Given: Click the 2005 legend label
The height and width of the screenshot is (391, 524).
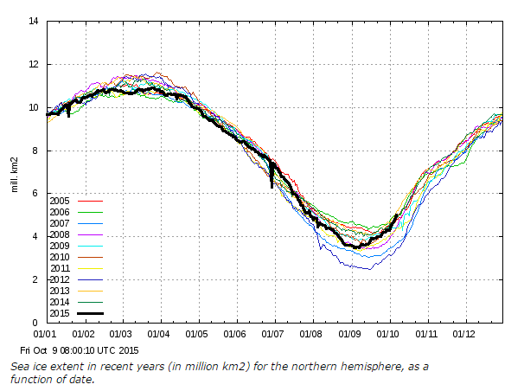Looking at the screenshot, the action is (x=60, y=201).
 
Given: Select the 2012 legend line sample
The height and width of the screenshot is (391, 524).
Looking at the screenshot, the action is (x=90, y=279).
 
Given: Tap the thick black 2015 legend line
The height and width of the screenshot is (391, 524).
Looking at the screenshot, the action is (x=90, y=313).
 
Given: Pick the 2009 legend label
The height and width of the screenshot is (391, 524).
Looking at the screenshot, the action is (x=60, y=246).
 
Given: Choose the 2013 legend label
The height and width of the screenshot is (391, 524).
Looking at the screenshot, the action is (x=60, y=291).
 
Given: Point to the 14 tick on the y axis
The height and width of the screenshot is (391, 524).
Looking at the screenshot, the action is (x=34, y=21).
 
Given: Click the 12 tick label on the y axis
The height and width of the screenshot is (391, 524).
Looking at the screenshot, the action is (x=34, y=64).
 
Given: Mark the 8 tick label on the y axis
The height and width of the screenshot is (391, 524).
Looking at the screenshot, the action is (x=35, y=151).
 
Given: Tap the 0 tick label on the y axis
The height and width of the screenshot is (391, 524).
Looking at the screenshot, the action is (x=35, y=323).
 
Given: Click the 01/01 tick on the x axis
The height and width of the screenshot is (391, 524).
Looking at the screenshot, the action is (x=45, y=334).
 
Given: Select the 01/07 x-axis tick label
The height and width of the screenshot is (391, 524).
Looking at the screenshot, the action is (x=272, y=334).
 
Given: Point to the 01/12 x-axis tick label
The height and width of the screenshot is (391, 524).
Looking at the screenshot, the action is (x=463, y=334).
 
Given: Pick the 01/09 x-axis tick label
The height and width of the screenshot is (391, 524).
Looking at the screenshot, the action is (x=349, y=334).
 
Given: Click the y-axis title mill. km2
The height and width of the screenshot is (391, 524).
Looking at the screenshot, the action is (x=15, y=175).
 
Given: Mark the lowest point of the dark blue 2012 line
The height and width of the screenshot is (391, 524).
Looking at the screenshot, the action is (x=369, y=269).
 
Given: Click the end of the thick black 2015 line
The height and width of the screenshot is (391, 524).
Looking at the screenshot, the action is (x=397, y=215).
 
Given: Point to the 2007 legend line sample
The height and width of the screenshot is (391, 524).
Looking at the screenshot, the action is (x=90, y=223).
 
